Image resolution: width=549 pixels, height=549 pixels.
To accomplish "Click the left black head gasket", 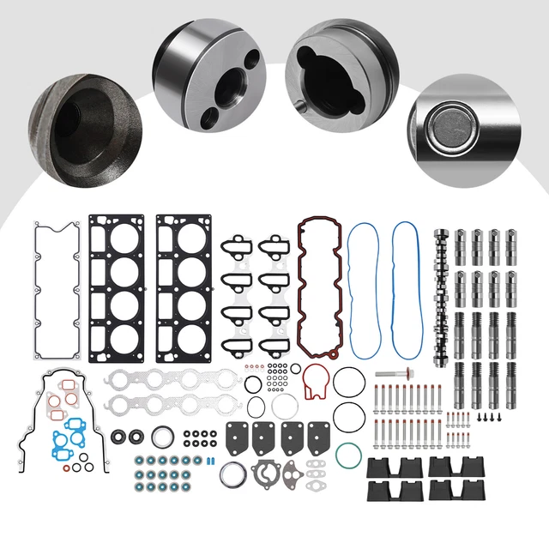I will tap(120, 289).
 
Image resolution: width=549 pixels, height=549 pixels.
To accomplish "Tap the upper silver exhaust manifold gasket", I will tap(170, 378).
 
